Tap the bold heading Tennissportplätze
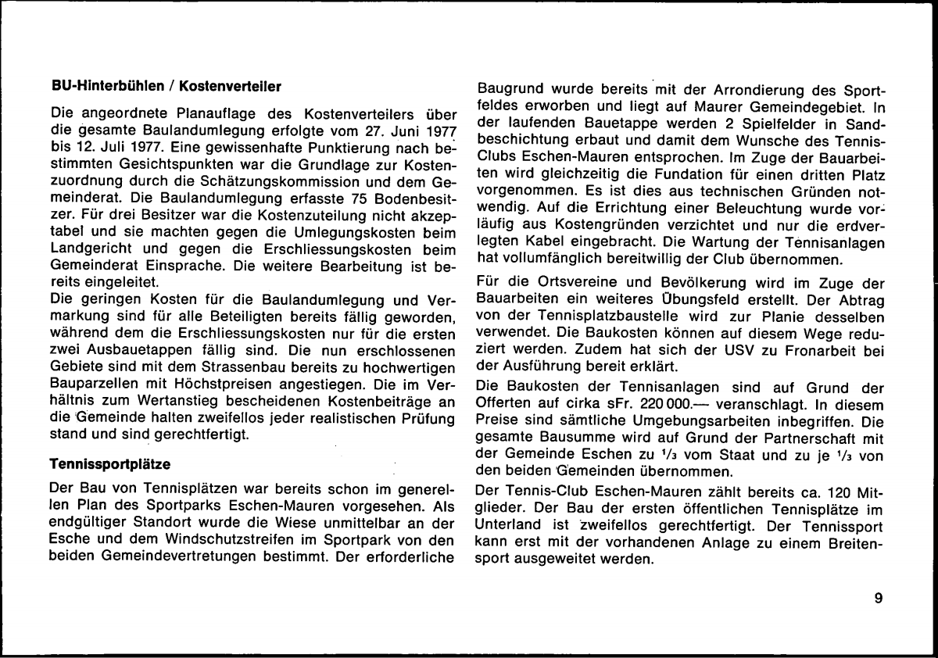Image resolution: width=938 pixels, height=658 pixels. pos(105,464)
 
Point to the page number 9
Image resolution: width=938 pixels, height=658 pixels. pos(879,599)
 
